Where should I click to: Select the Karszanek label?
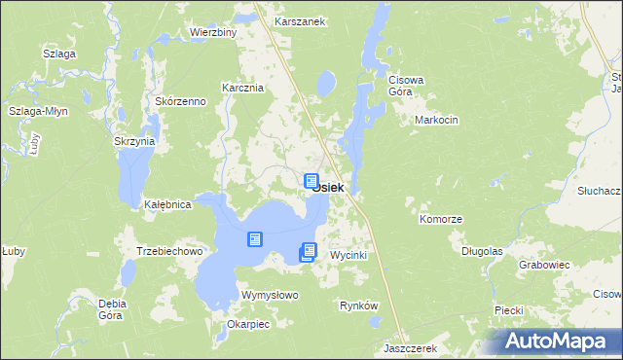[x=299, y=20]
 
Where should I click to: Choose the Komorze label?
[x=440, y=220]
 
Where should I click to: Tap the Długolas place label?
[x=482, y=250]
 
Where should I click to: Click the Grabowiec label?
[x=544, y=264]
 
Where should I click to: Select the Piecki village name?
[x=509, y=309]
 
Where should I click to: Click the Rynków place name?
[x=357, y=306]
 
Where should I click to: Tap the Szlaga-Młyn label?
[x=36, y=112]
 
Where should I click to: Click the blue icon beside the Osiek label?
[x=311, y=182]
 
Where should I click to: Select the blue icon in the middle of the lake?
[x=255, y=239]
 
